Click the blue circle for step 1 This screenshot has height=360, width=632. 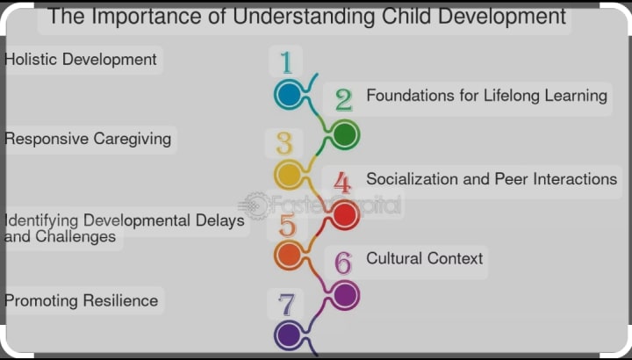[x=289, y=94]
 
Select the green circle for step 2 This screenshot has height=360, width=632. [x=345, y=134]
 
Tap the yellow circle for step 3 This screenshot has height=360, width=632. [x=289, y=174]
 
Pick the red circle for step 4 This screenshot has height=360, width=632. [x=345, y=215]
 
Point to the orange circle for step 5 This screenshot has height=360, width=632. [x=289, y=255]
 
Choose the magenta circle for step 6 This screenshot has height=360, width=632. [x=345, y=295]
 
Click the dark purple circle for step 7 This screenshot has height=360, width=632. [x=289, y=335]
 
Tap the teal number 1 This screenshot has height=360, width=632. [x=286, y=62]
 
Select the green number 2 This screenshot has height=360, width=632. [x=344, y=100]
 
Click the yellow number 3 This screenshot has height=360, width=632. [x=284, y=143]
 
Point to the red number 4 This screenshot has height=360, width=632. [x=342, y=183]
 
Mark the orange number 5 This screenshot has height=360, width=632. [x=288, y=226]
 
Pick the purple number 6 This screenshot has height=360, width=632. [x=343, y=263]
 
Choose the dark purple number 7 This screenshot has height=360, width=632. [x=286, y=305]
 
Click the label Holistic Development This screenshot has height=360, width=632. [x=80, y=59]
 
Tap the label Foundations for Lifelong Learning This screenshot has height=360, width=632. [x=487, y=96]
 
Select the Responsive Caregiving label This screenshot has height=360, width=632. [x=88, y=139]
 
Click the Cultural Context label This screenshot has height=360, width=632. [x=425, y=258]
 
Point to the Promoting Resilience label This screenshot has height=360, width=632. [x=81, y=301]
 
